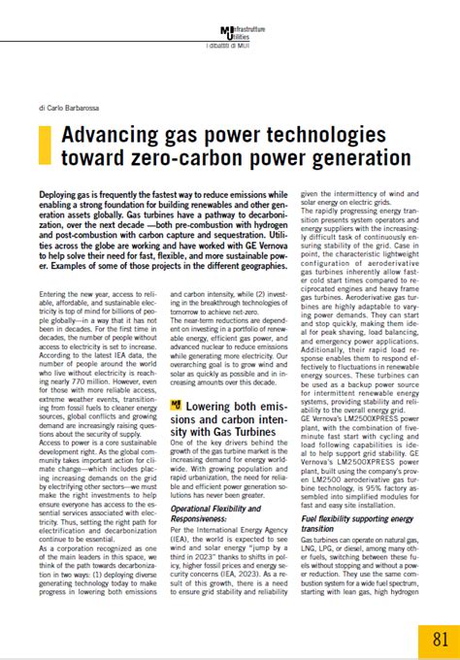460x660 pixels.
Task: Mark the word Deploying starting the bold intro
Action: coord(63,195)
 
